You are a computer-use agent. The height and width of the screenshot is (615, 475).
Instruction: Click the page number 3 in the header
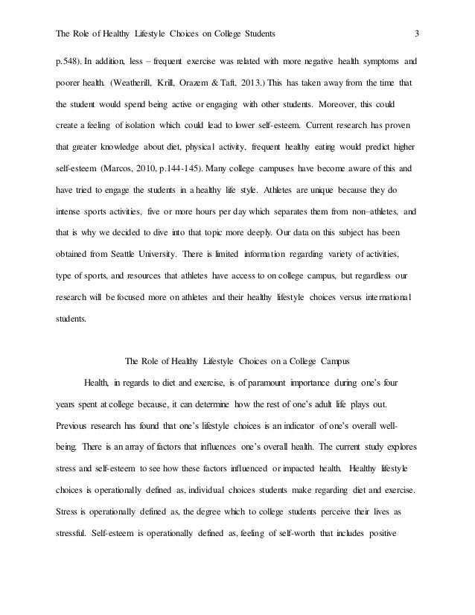point(417,33)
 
